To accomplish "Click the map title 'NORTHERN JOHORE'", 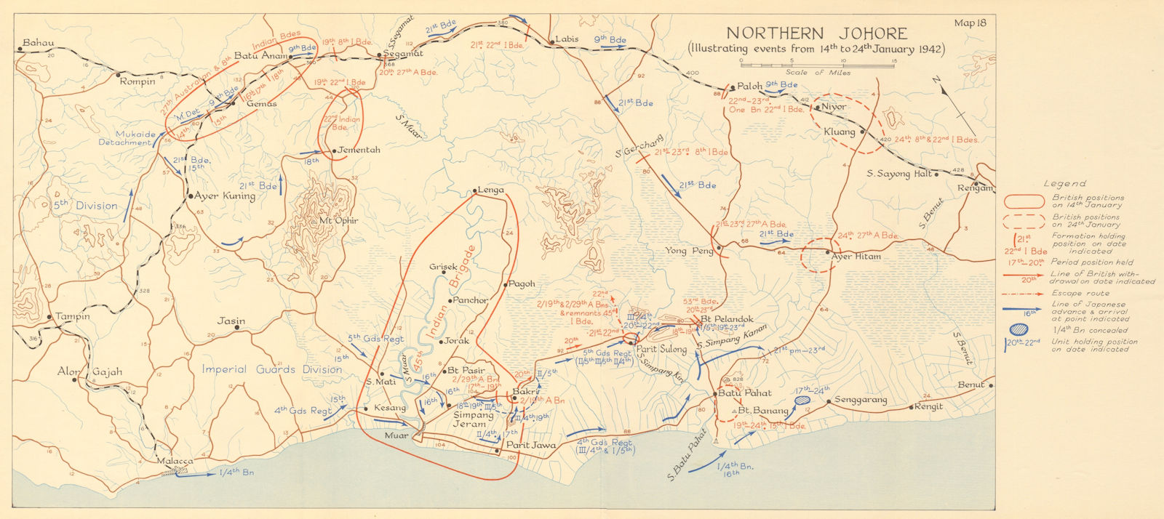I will coord(816,33).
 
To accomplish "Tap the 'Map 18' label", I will coord(970,23).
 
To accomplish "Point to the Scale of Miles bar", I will coord(816,65).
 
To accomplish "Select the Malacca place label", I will coord(175,461).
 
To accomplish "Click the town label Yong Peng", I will coord(686,251).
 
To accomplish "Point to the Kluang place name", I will coord(840,132).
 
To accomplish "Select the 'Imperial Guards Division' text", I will coord(271,369).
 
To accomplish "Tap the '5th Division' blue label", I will coord(85,205).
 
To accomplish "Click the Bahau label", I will coord(39,43).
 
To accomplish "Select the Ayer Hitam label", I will coord(857,257).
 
